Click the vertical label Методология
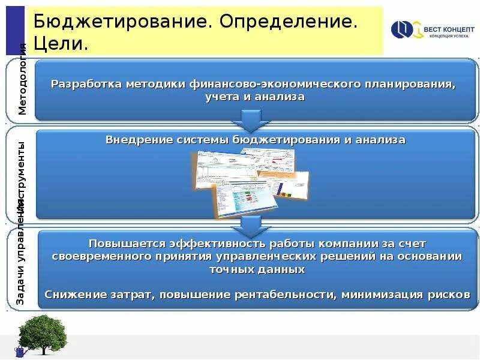tap(22, 79)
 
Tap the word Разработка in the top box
tap(86, 83)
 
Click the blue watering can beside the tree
tap(19, 352)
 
